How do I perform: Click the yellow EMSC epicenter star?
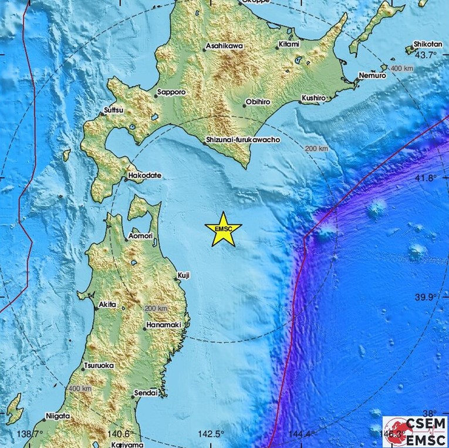[223, 230]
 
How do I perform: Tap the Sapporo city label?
[173, 93]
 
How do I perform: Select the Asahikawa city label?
[224, 46]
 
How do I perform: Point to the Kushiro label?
[314, 97]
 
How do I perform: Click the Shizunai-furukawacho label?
[242, 141]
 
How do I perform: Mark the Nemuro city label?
[373, 76]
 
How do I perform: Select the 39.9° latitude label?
[426, 297]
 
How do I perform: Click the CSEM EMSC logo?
[415, 432]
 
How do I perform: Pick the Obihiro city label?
[258, 102]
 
